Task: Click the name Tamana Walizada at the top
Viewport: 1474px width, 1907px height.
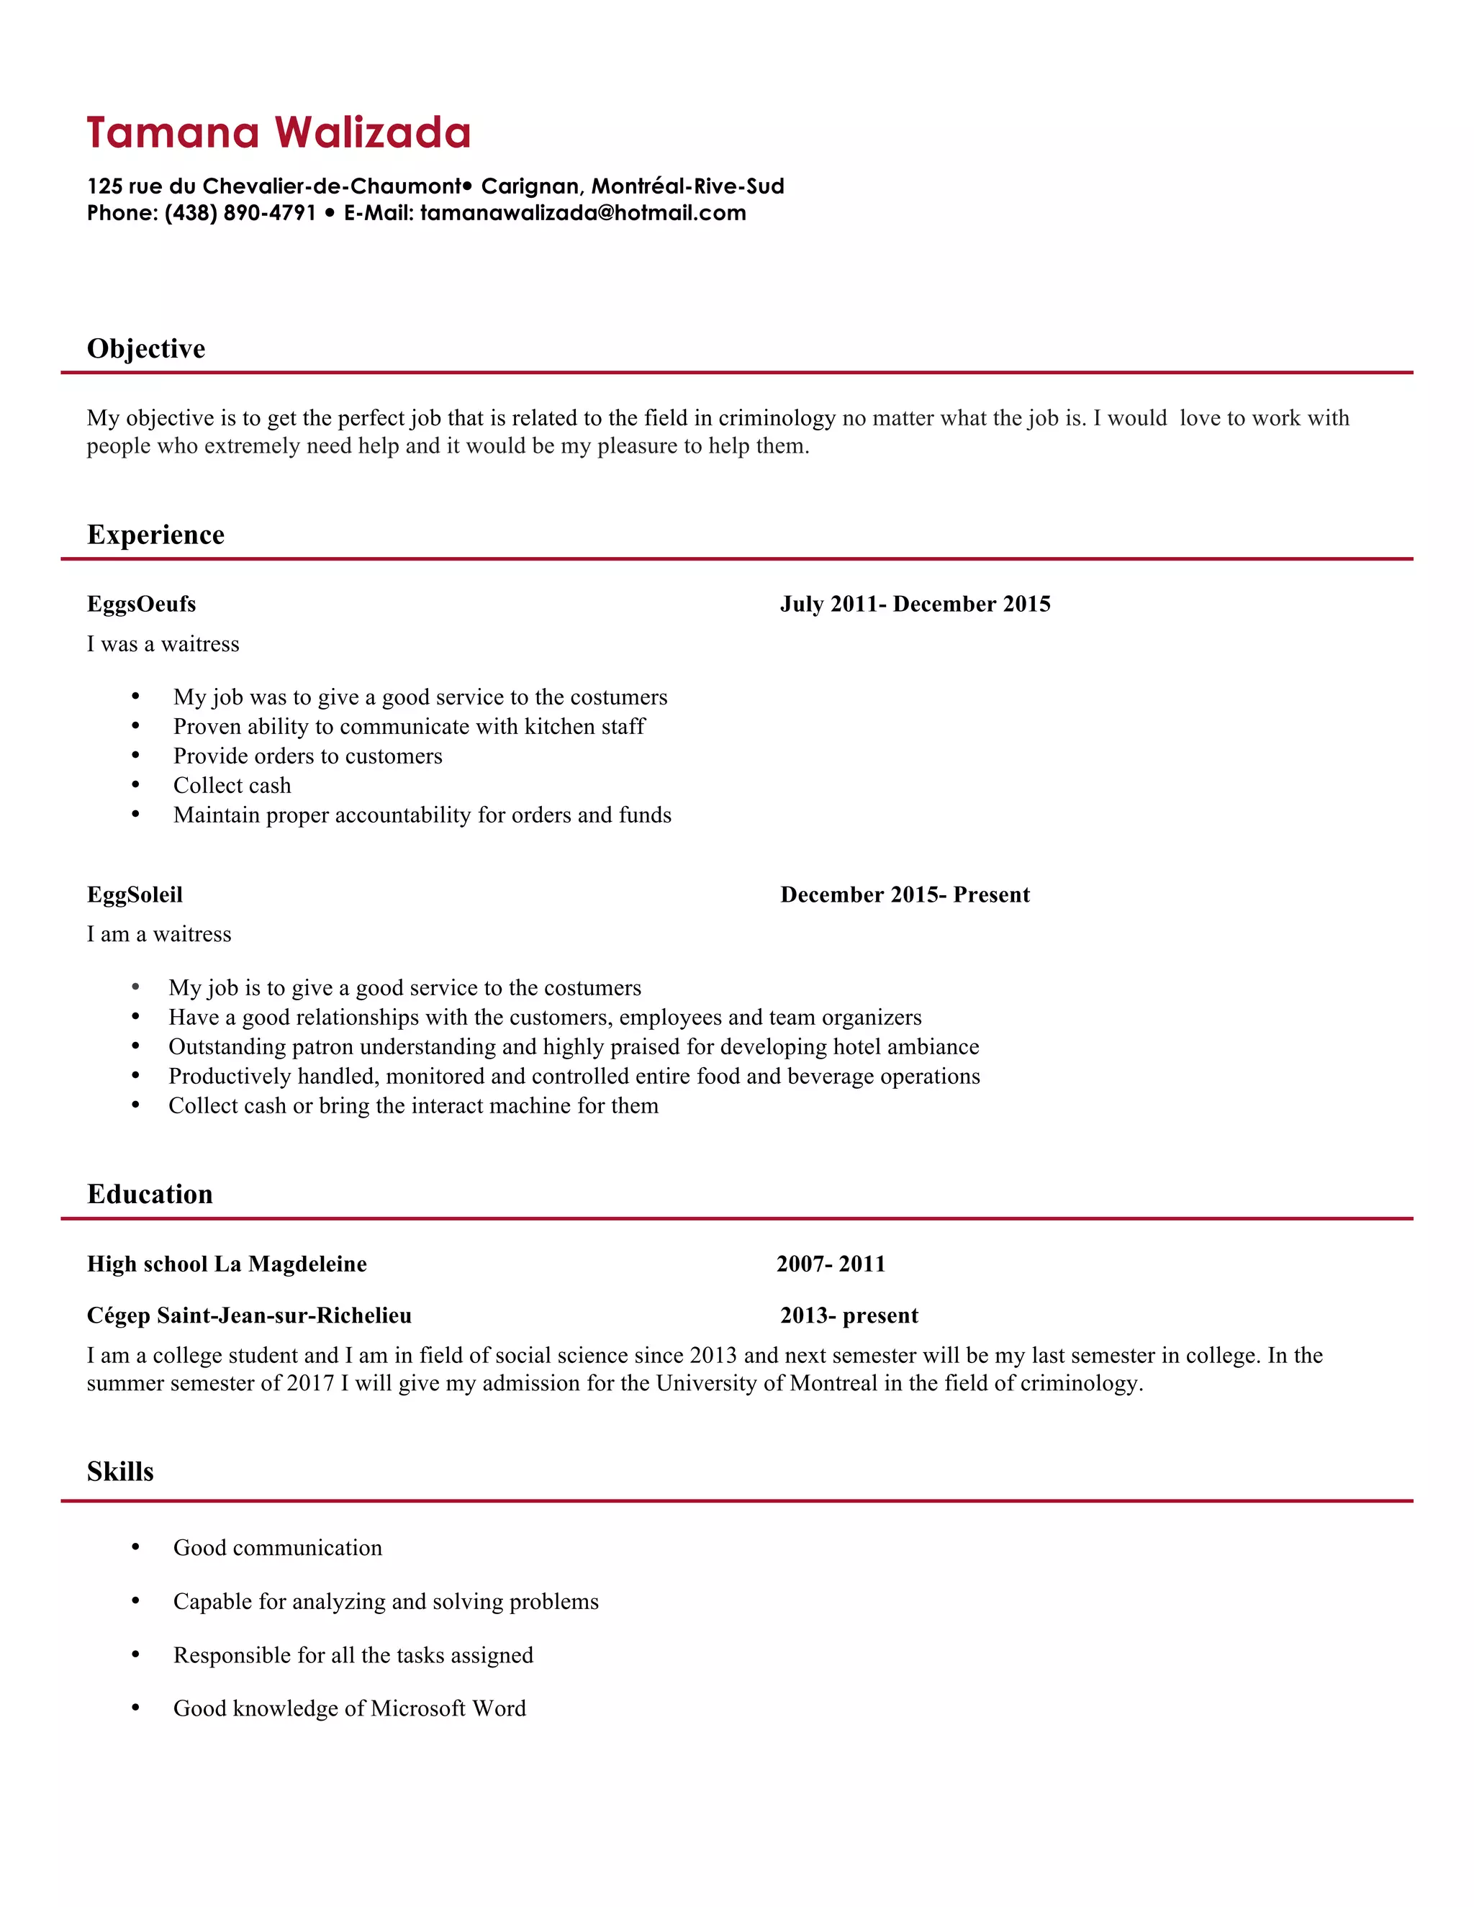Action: tap(279, 132)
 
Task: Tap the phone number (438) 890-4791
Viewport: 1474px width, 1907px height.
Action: tap(240, 213)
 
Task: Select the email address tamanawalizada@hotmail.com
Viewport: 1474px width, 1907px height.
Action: tap(582, 213)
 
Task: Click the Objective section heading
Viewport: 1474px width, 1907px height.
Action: tap(146, 348)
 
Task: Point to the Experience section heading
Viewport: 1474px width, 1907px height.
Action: tap(155, 535)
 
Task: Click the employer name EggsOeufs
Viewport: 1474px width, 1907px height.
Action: tap(142, 604)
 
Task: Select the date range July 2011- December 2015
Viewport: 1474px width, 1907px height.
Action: tap(914, 604)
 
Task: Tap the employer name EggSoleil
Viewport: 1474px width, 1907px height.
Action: tap(135, 895)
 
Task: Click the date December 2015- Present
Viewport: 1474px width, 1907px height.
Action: tap(905, 895)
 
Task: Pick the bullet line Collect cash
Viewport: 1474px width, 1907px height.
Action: tap(232, 786)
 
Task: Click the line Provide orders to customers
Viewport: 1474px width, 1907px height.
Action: tap(307, 756)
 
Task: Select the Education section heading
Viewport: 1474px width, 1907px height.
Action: tap(149, 1194)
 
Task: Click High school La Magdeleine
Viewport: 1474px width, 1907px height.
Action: tap(227, 1264)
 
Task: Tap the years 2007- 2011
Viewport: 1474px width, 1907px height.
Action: tap(831, 1264)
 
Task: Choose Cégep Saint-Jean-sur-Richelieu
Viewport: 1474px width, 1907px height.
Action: tap(249, 1316)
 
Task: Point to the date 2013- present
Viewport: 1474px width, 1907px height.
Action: tap(849, 1316)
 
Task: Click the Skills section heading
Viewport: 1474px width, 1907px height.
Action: tap(119, 1472)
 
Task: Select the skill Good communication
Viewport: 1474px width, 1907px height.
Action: tap(278, 1547)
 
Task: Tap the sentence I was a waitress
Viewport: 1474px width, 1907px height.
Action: tap(163, 644)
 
